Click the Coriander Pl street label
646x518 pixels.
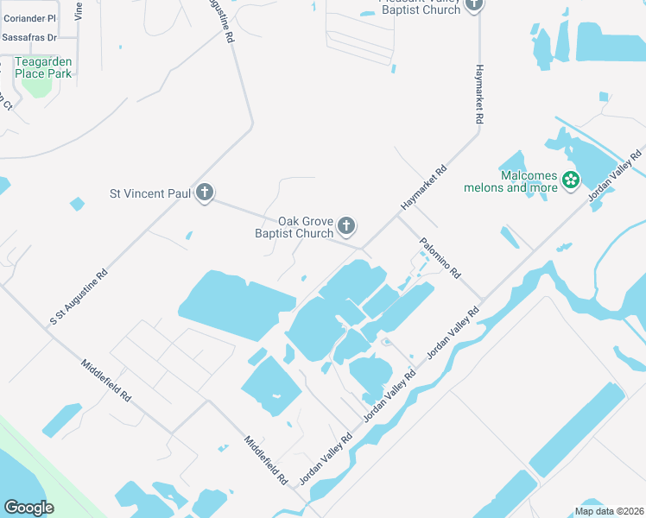pos(28,17)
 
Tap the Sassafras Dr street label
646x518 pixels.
pos(28,38)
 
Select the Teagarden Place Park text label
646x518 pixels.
pos(42,67)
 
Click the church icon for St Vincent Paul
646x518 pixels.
pos(205,193)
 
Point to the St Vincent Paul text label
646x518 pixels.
pos(149,193)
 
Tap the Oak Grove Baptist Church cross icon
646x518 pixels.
pos(346,226)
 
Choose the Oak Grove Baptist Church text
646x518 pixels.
pos(294,227)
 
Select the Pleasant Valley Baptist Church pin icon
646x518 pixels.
pos(473,5)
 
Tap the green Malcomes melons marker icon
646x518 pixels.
pos(570,180)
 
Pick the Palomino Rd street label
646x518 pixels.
pos(440,257)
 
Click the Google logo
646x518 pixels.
pos(28,507)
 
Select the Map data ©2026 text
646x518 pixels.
pos(609,511)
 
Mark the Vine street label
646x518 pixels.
pos(79,9)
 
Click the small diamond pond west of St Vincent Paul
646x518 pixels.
pos(78,205)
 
